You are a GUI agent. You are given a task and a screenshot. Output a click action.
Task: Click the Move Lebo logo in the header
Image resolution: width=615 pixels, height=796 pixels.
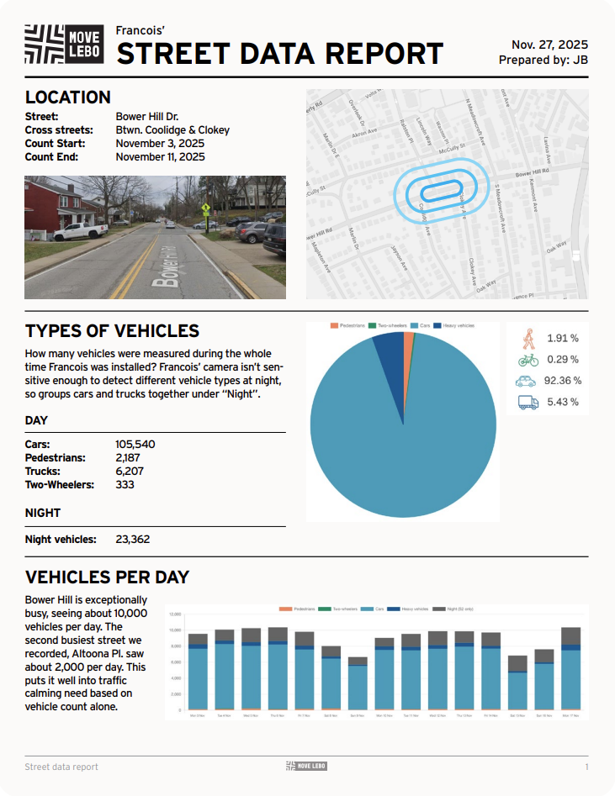(64, 45)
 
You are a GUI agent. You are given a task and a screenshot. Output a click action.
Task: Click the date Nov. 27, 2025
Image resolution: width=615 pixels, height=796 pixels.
(549, 45)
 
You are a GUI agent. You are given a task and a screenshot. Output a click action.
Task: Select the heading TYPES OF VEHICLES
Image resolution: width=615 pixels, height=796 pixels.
(112, 330)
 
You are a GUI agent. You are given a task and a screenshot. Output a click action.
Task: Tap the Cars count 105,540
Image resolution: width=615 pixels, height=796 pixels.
(135, 444)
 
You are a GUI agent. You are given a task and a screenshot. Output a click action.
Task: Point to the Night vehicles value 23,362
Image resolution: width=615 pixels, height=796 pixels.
(132, 539)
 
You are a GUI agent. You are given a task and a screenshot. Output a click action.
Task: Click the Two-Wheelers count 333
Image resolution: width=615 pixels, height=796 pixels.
(125, 484)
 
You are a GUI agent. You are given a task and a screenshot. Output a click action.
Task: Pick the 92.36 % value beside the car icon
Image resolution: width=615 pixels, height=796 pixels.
(562, 380)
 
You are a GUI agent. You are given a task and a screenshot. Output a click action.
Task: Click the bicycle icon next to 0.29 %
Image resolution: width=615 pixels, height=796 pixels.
(528, 360)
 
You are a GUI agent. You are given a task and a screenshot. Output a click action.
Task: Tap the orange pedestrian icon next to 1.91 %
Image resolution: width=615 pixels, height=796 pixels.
(528, 338)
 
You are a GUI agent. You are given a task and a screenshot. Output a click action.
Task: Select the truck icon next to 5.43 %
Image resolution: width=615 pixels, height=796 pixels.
(528, 403)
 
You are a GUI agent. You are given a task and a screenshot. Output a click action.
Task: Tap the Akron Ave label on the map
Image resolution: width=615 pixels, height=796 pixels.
(364, 134)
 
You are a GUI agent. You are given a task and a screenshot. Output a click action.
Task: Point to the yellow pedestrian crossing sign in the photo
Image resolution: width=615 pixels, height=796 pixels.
(205, 206)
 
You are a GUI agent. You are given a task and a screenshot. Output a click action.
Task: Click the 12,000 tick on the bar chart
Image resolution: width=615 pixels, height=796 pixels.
(175, 630)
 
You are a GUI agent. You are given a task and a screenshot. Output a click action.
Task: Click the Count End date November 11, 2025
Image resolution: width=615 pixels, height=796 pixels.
(160, 156)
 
